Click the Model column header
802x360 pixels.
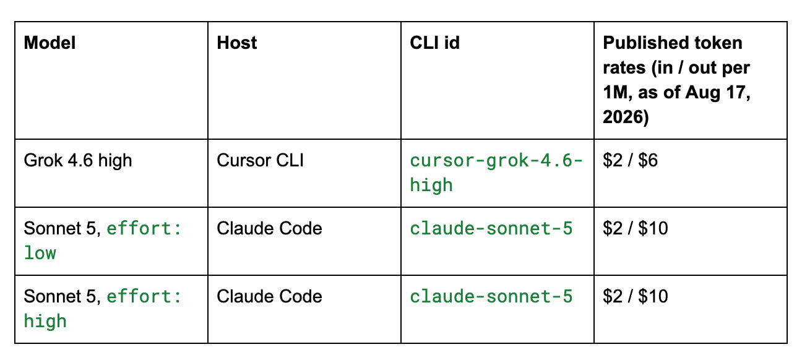(x=50, y=43)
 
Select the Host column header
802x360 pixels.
(x=236, y=43)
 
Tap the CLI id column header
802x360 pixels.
(x=434, y=43)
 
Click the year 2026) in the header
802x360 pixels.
(x=626, y=118)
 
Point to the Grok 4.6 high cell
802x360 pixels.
(x=78, y=160)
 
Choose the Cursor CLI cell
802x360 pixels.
(x=260, y=160)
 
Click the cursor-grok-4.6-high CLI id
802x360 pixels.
(x=496, y=173)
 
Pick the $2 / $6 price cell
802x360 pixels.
(x=630, y=160)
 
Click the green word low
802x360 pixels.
(x=40, y=253)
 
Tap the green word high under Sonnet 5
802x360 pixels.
(x=45, y=321)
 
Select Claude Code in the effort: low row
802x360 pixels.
(x=269, y=228)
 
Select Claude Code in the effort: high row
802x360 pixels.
(x=269, y=296)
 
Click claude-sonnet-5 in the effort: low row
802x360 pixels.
(x=491, y=228)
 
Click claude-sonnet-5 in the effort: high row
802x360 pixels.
(x=491, y=296)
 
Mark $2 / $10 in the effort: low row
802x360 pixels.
(x=635, y=228)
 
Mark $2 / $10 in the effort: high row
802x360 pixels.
(x=635, y=296)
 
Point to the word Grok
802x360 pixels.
(x=43, y=160)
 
